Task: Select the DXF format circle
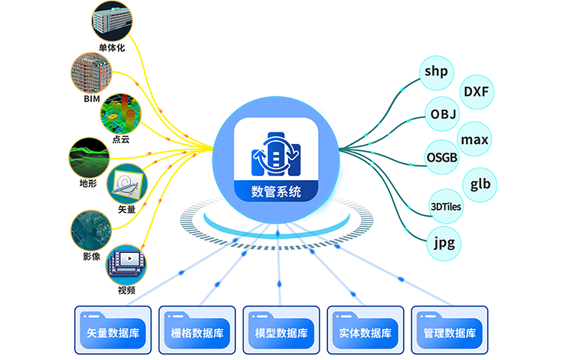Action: click(477, 93)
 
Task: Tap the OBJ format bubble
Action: click(444, 115)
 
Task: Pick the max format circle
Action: click(474, 139)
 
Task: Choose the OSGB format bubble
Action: click(444, 157)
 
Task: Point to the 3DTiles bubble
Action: click(446, 206)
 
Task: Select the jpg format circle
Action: click(444, 244)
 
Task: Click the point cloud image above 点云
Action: click(123, 113)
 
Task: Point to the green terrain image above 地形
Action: click(89, 158)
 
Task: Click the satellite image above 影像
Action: click(90, 229)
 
